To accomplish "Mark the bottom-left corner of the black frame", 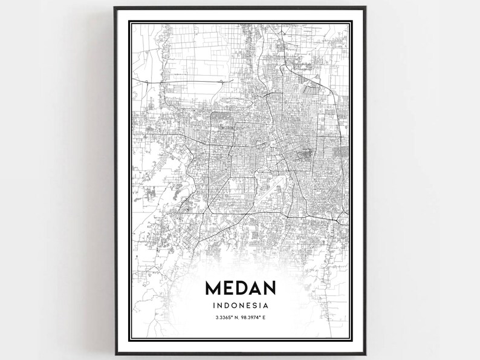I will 115,355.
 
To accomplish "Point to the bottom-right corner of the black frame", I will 365,355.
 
